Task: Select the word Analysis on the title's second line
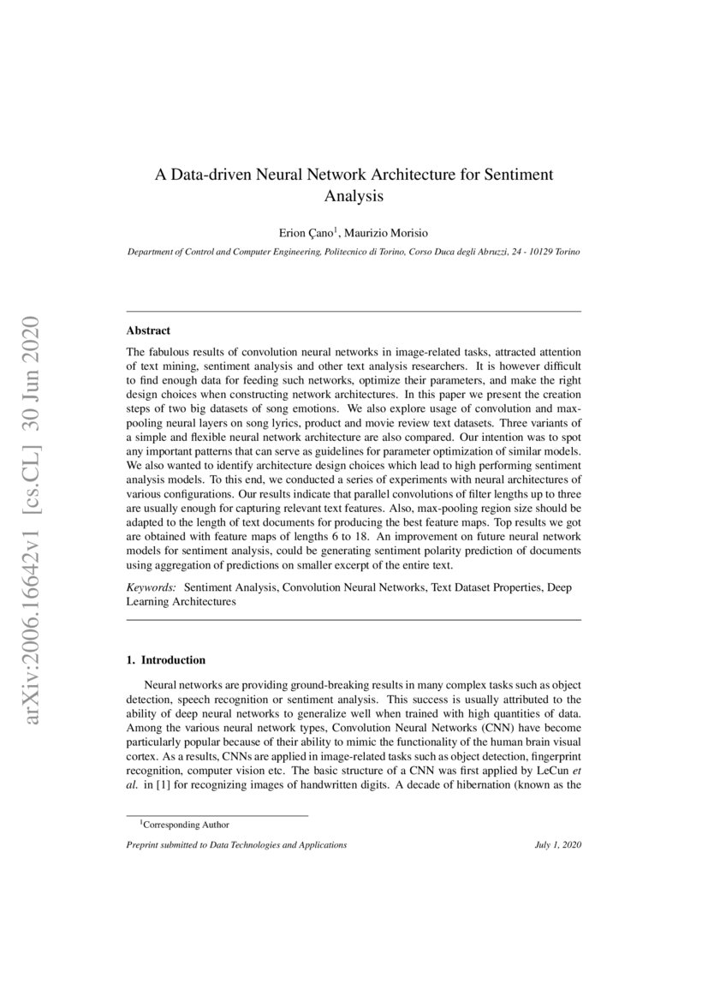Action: tap(354, 195)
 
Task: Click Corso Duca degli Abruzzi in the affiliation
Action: tap(450, 253)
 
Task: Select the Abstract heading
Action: tap(148, 330)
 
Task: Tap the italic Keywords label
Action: tap(152, 588)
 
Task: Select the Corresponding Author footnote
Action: tap(184, 825)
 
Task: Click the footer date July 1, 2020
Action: tap(557, 845)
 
